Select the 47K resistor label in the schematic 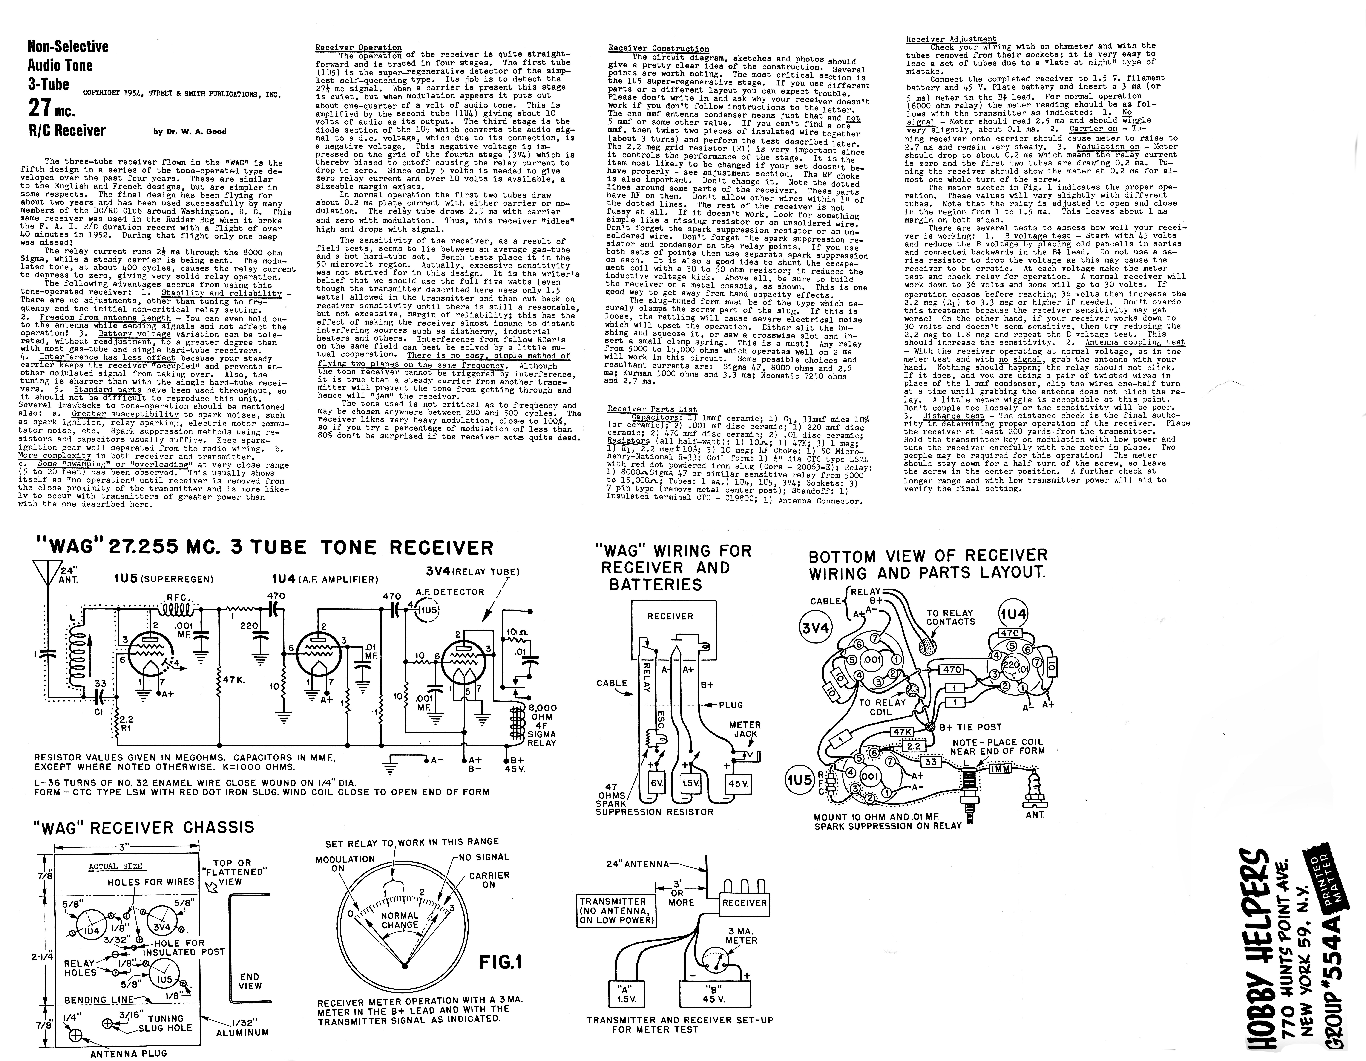(x=233, y=680)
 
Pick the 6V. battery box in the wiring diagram (x=656, y=783)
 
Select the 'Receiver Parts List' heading (x=652, y=409)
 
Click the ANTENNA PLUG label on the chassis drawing (x=129, y=1053)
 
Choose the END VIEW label (x=250, y=981)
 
